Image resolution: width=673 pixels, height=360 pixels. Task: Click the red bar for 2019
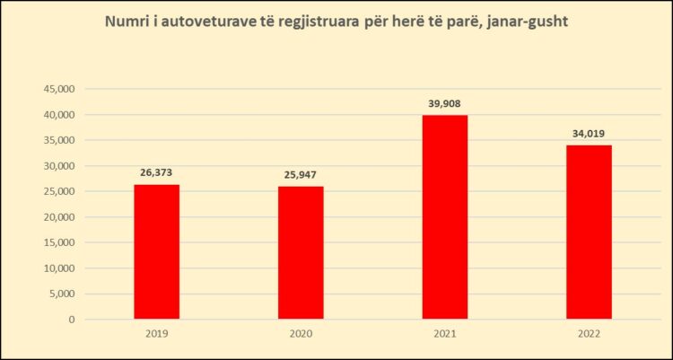tap(156, 251)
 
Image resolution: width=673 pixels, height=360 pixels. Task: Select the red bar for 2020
tap(301, 252)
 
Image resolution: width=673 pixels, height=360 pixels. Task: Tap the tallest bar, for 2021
tap(445, 216)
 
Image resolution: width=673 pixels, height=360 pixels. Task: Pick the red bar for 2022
tap(589, 232)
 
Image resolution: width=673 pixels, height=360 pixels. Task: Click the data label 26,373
tap(156, 172)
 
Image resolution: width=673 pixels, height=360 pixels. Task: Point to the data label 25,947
tap(301, 174)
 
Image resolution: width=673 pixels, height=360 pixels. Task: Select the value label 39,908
tap(445, 103)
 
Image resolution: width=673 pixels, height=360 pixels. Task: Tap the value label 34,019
tap(590, 134)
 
